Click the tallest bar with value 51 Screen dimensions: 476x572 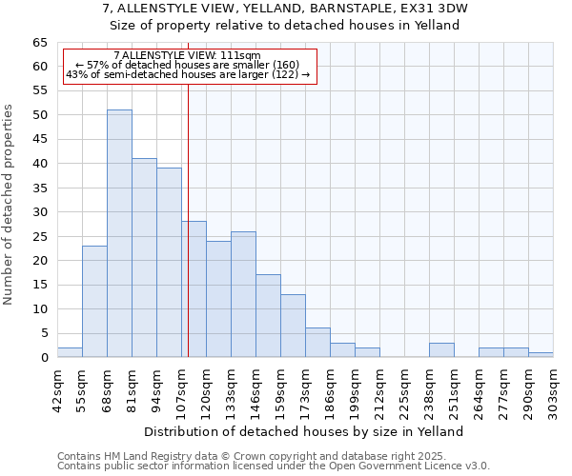click(x=119, y=233)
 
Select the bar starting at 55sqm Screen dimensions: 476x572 click(x=94, y=301)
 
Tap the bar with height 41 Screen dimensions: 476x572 click(x=144, y=257)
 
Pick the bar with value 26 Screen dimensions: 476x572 click(x=243, y=294)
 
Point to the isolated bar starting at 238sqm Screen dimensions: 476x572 click(x=441, y=350)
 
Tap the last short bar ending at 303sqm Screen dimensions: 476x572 click(x=541, y=355)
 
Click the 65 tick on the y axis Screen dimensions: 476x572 click(x=40, y=43)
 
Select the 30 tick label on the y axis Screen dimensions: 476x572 click(x=40, y=212)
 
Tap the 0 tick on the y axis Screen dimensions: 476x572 click(x=44, y=358)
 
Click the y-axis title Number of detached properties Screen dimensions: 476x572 click(x=10, y=205)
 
